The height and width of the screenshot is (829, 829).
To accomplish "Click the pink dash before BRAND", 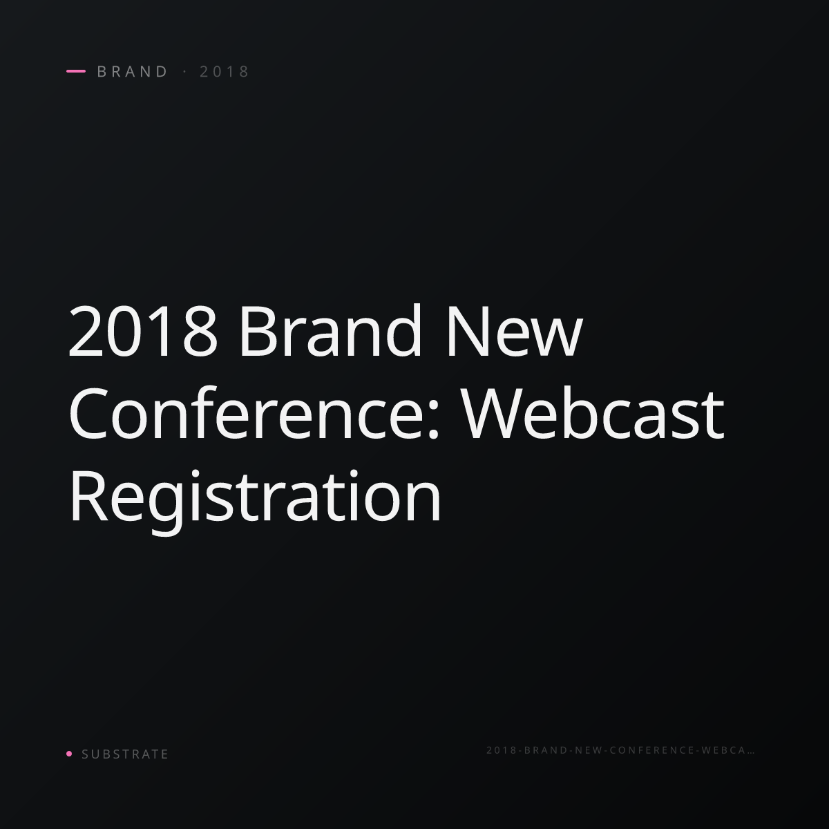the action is pos(76,71).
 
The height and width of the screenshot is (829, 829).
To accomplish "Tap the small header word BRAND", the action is pos(133,71).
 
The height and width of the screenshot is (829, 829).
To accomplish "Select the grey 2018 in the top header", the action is pos(225,71).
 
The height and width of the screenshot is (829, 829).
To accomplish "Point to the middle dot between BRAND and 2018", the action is pos(185,71).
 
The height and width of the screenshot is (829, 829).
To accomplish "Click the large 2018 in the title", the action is pos(143,332).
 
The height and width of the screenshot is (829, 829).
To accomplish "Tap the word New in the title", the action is pos(515,332).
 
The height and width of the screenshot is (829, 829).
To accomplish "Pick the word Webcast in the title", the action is pos(593,413).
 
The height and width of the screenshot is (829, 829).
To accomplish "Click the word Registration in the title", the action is pos(256,501).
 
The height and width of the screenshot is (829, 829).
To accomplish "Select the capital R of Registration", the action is pos(88,497).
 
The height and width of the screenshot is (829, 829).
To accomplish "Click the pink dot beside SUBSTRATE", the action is pos(69,754).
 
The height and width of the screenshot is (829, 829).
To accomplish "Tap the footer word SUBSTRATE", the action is pos(125,754).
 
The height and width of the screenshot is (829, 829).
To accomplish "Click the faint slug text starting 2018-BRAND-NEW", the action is pos(620,750).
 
